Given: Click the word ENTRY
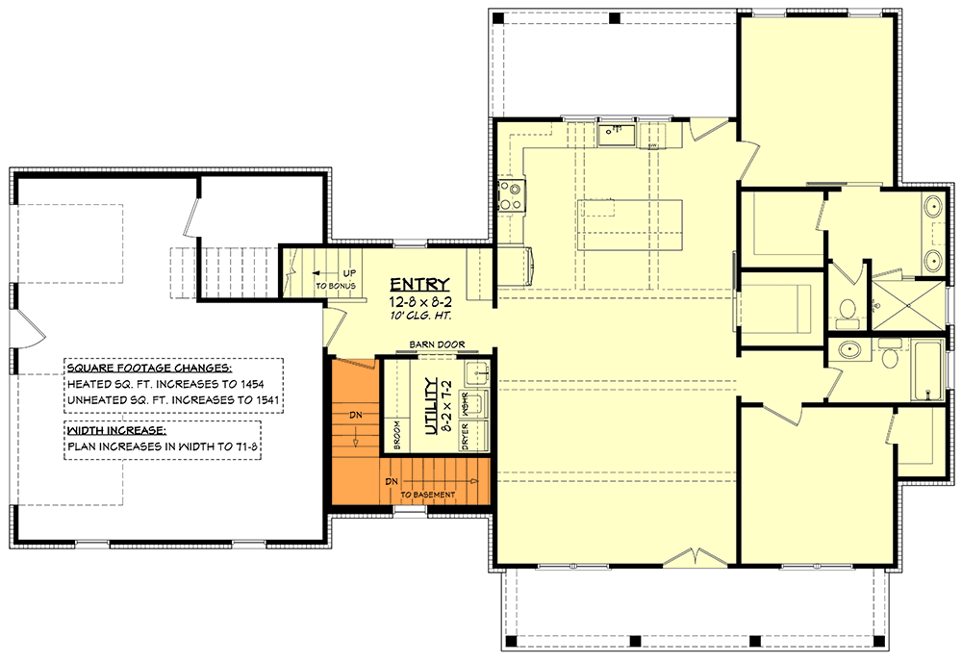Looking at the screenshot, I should click(x=419, y=283).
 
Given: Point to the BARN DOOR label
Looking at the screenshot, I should click(x=436, y=344).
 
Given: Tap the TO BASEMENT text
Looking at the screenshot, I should click(x=426, y=495).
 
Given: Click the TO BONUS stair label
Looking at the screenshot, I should click(x=336, y=287).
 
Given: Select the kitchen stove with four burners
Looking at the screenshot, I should click(x=510, y=196).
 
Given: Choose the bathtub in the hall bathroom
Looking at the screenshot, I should click(x=926, y=370).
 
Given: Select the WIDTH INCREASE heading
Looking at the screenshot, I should click(x=116, y=430).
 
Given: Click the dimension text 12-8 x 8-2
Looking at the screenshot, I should click(x=419, y=299).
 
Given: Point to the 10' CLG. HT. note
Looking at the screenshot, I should click(x=419, y=315).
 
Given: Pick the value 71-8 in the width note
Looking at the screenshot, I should click(x=240, y=446).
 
